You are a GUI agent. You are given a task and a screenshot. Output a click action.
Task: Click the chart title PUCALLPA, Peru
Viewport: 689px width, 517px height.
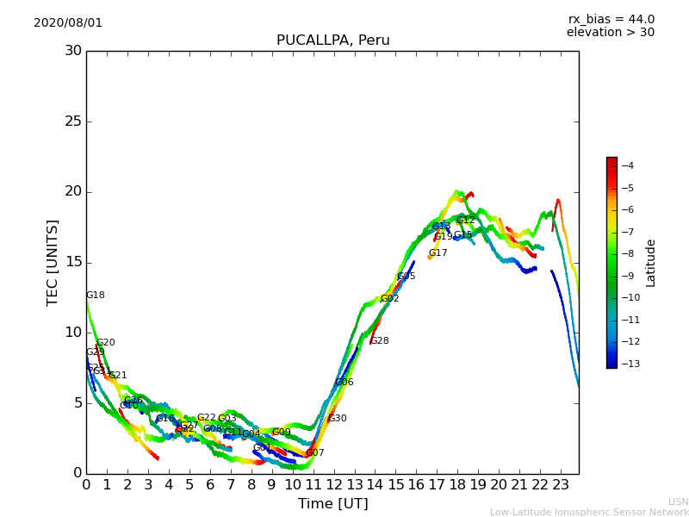pyautogui.click(x=332, y=40)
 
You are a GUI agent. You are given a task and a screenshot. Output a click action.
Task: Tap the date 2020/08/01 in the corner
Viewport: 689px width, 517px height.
pyautogui.click(x=68, y=22)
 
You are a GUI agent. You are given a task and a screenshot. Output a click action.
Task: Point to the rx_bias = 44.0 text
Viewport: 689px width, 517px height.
pyautogui.click(x=611, y=19)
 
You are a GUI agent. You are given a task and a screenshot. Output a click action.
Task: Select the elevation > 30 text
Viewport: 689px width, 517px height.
pyautogui.click(x=610, y=33)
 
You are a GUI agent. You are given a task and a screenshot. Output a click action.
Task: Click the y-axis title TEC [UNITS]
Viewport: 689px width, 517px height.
pyautogui.click(x=53, y=262)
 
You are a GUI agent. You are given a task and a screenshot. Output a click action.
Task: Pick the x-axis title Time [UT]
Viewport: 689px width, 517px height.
pyautogui.click(x=332, y=504)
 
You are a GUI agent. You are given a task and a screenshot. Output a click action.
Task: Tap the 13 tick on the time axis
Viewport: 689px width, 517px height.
pyautogui.click(x=354, y=485)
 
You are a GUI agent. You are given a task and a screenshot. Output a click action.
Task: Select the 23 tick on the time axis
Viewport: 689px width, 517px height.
pyautogui.click(x=561, y=485)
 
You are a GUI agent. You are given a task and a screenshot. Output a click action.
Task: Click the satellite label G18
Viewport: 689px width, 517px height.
pyautogui.click(x=95, y=296)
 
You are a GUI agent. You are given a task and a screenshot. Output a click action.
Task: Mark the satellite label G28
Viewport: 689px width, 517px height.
pyautogui.click(x=380, y=341)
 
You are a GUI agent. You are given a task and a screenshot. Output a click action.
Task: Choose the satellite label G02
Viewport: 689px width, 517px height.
pyautogui.click(x=389, y=299)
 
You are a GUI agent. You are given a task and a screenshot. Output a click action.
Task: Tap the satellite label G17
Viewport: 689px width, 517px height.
pyautogui.click(x=438, y=253)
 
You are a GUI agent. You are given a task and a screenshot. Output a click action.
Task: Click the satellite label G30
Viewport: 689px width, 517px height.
pyautogui.click(x=337, y=419)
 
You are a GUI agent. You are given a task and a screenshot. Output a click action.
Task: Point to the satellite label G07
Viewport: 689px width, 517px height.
pyautogui.click(x=315, y=453)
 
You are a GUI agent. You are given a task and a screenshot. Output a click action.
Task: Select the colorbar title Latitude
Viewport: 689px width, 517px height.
pyautogui.click(x=651, y=263)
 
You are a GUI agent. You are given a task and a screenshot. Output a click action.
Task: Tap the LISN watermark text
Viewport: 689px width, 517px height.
pyautogui.click(x=678, y=501)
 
